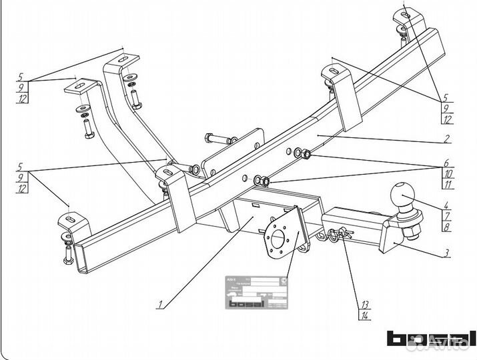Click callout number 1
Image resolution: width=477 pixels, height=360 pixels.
coord(159,305)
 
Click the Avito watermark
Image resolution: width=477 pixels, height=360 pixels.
coord(454,344)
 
